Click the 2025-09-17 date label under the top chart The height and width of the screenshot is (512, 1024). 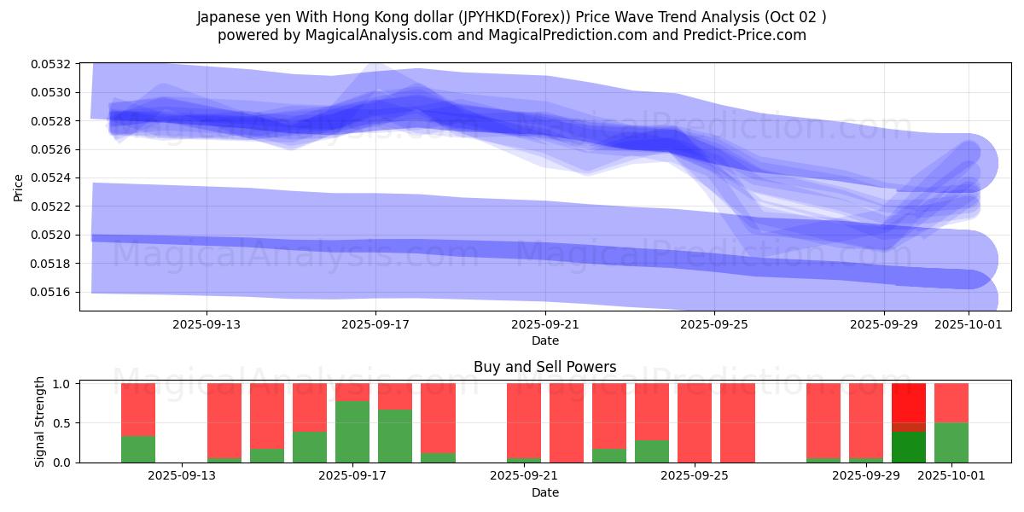tap(376, 324)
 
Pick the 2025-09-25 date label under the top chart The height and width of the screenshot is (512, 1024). tap(715, 324)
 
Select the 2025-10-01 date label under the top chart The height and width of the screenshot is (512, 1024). tap(969, 324)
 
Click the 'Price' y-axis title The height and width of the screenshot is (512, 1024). tap(19, 188)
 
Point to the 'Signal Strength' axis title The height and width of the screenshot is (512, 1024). tap(40, 422)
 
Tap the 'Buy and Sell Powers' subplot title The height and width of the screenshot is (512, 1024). tap(544, 367)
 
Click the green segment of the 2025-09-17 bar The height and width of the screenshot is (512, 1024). tap(352, 432)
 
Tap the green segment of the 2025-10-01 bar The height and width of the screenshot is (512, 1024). tap(951, 442)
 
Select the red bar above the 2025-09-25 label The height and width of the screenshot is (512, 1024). tap(695, 422)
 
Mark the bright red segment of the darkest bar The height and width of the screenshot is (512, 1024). tap(909, 402)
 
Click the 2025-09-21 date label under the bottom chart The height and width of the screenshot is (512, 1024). tap(522, 475)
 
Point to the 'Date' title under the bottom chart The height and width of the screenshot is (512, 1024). tap(544, 492)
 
